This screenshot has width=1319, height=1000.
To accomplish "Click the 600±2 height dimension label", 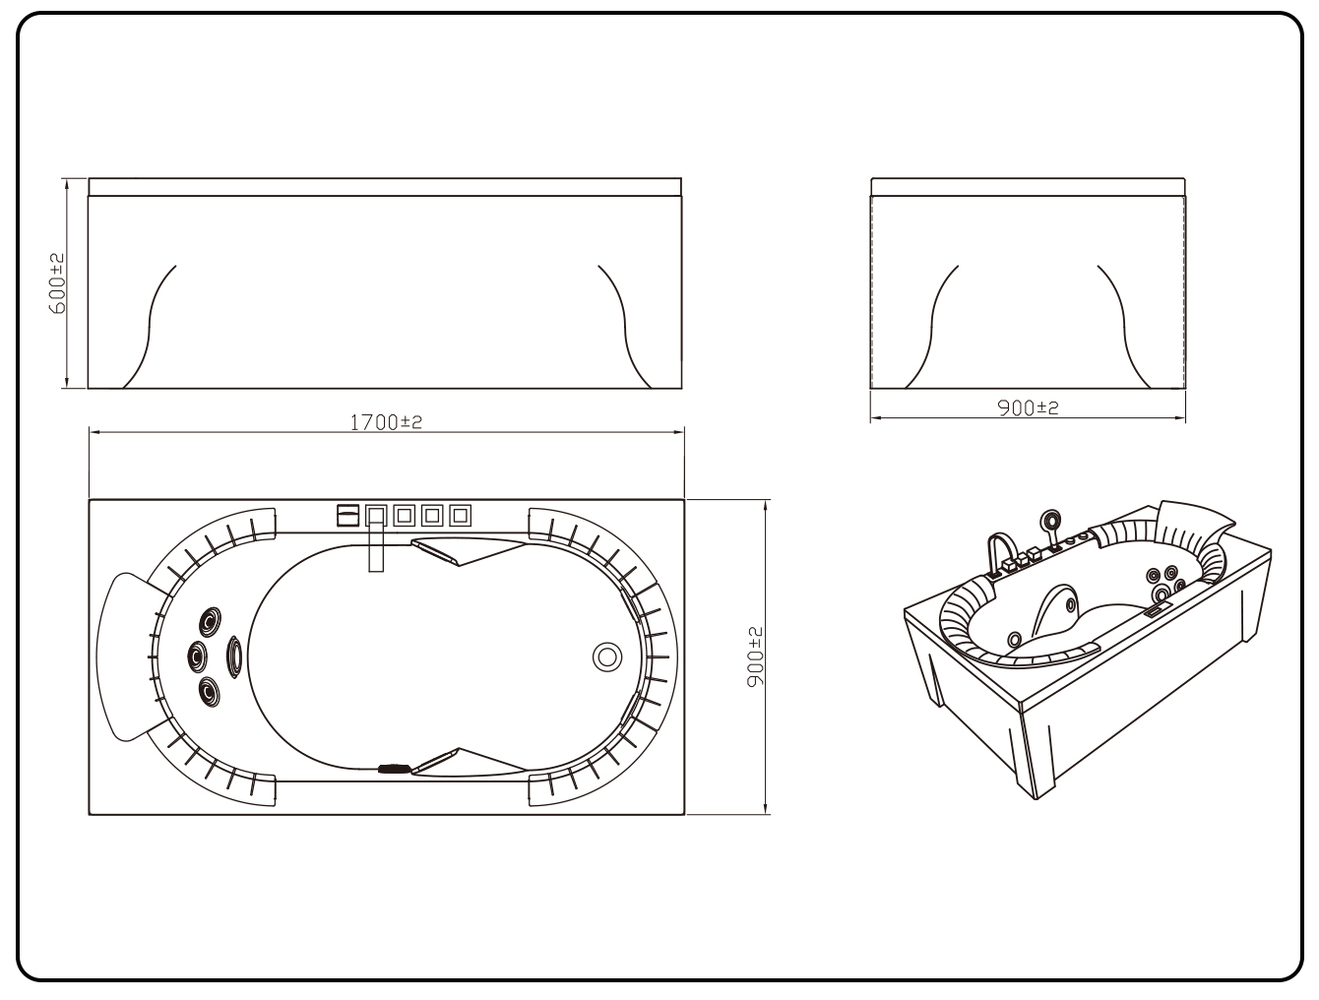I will (56, 283).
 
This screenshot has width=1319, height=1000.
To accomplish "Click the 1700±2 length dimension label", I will (386, 422).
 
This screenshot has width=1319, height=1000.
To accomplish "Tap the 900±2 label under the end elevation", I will (1028, 407).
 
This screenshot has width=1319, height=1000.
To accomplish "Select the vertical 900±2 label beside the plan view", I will (756, 656).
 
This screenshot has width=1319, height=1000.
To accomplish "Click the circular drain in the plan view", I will (607, 656).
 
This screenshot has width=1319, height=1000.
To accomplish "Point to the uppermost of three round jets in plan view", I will (211, 622).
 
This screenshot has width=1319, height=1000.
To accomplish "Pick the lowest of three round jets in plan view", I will (210, 692).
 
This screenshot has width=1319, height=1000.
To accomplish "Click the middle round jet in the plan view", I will (198, 655).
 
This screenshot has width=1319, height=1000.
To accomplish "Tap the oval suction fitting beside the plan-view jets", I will (235, 656).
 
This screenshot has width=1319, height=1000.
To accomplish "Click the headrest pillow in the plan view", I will (123, 656).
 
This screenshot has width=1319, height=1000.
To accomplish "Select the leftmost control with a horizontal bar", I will (347, 515).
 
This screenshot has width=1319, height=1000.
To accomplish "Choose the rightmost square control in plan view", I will (460, 515).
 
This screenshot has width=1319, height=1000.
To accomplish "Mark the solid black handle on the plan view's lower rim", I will (395, 766).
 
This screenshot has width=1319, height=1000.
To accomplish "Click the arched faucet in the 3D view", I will (1000, 551).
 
